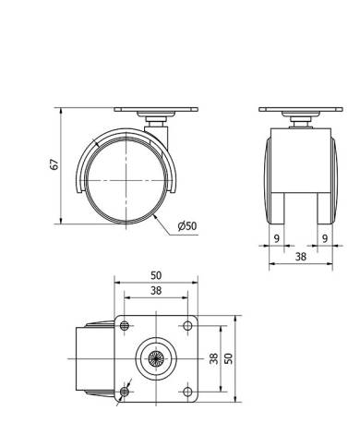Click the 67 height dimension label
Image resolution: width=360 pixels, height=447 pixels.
(54, 164)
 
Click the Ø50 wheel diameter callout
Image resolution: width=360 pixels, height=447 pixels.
(187, 226)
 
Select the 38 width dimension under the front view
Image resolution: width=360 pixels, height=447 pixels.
(301, 257)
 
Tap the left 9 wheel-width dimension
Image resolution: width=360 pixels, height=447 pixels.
(277, 238)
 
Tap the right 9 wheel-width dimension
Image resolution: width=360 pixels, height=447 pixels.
(325, 238)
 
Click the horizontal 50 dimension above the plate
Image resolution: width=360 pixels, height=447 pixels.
(156, 275)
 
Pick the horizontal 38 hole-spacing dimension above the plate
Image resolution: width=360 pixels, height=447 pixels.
(156, 291)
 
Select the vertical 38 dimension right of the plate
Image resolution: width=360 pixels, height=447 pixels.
(214, 358)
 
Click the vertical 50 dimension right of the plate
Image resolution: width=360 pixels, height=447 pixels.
(229, 358)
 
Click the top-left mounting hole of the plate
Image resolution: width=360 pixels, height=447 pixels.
(125, 325)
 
